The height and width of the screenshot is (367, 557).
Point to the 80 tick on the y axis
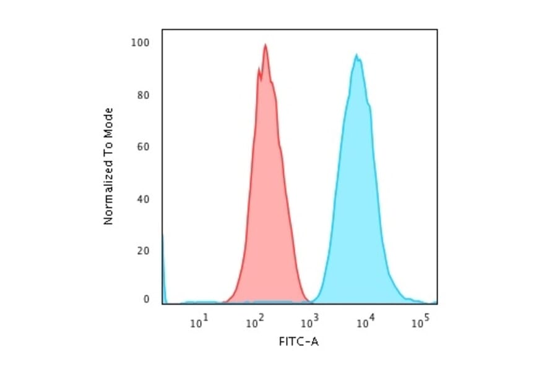click(143, 95)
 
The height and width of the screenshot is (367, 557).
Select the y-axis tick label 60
click(143, 147)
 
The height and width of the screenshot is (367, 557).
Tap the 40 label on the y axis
click(143, 199)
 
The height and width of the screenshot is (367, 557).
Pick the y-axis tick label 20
click(143, 251)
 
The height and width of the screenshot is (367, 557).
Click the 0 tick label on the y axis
click(146, 300)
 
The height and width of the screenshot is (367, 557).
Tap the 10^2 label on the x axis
click(254, 321)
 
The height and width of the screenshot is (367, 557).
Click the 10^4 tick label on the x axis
click(365, 321)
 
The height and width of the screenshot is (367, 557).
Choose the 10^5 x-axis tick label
click(420, 321)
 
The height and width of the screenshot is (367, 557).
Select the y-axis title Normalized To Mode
click(108, 166)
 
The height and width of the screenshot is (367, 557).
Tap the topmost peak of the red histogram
click(266, 44)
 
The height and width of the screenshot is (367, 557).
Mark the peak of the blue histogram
click(356, 55)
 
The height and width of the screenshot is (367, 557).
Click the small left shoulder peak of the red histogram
click(259, 68)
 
